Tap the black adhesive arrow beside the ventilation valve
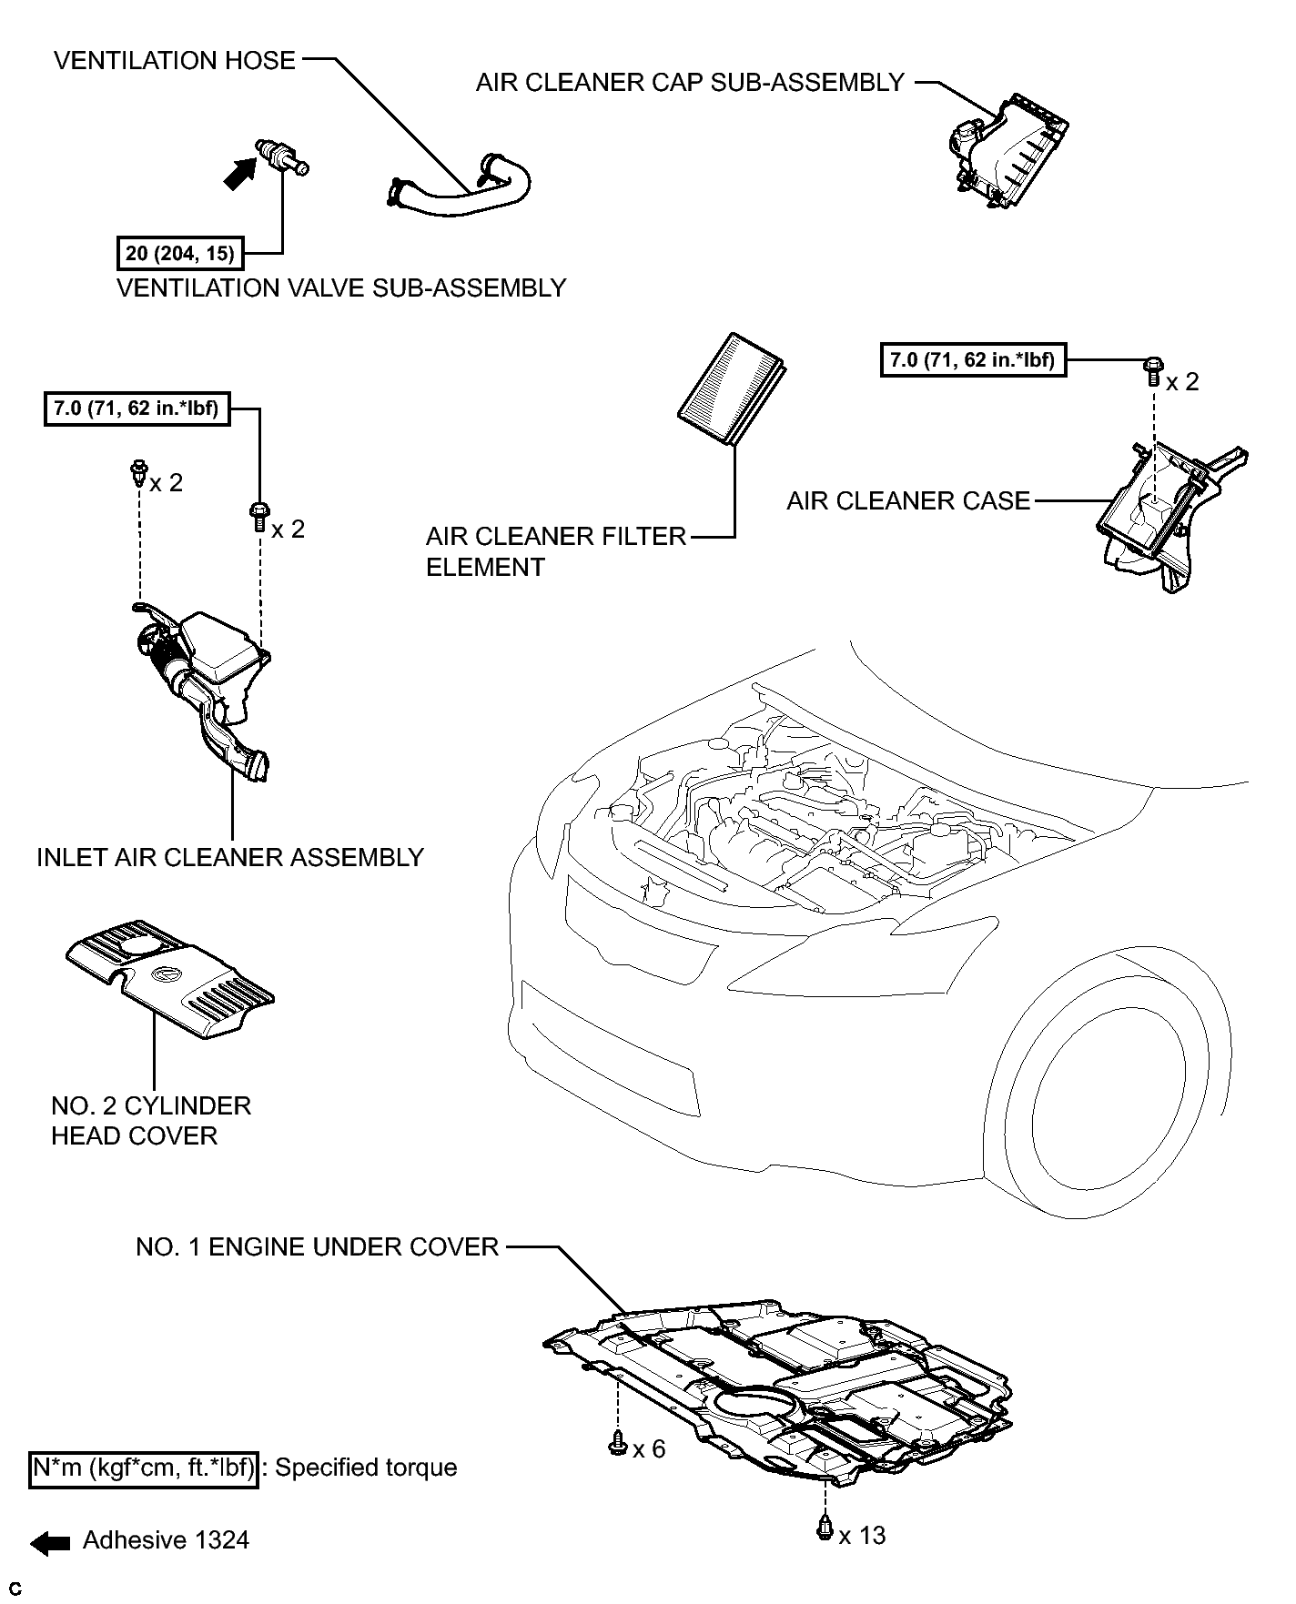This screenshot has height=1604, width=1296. pyautogui.click(x=240, y=173)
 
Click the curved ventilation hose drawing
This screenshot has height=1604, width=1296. pyautogui.click(x=460, y=187)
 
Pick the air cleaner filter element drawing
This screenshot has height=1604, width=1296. pyautogui.click(x=732, y=389)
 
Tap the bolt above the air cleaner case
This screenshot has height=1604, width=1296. pyautogui.click(x=1152, y=371)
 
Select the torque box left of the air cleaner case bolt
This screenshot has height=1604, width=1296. pyautogui.click(x=973, y=360)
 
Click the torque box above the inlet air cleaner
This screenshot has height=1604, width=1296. pyautogui.click(x=137, y=409)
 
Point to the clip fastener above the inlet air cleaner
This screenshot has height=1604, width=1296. pyautogui.click(x=138, y=472)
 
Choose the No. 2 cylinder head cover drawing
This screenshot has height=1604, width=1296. pyautogui.click(x=170, y=978)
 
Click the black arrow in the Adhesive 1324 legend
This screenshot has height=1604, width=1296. pyautogui.click(x=49, y=1541)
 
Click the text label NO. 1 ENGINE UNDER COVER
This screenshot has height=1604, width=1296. pyautogui.click(x=318, y=1246)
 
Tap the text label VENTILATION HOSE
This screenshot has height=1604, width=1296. pyautogui.click(x=175, y=61)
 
